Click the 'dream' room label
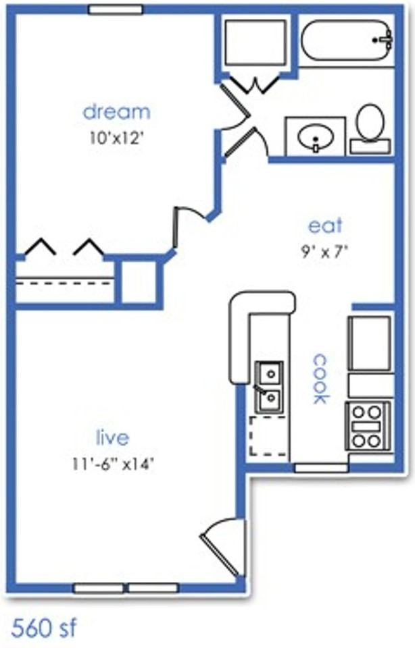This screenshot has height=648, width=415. click(x=116, y=112)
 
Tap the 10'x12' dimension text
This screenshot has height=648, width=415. click(x=116, y=138)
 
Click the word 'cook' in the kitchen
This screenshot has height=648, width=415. click(x=320, y=379)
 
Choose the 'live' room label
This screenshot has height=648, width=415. click(x=112, y=437)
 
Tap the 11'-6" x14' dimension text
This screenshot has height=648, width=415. click(x=114, y=464)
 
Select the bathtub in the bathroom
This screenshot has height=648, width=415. click(x=347, y=40)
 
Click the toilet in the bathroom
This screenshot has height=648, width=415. click(x=370, y=128)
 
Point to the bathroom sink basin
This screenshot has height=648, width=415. click(x=316, y=137)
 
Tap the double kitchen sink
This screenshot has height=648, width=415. click(x=270, y=387)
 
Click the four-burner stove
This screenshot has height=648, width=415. click(x=368, y=426)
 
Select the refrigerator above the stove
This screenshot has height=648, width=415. click(x=370, y=343)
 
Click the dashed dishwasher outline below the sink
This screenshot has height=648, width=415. click(x=268, y=437)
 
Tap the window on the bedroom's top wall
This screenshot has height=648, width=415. click(x=116, y=9)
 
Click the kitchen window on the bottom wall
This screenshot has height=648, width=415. click(x=321, y=468)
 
